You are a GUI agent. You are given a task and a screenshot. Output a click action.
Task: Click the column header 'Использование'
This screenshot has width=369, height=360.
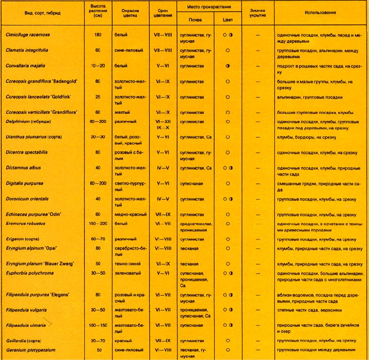(320, 13)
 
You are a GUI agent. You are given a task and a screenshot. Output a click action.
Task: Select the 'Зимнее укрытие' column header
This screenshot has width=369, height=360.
(257, 13)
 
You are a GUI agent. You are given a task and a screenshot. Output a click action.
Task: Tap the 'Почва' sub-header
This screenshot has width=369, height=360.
(195, 20)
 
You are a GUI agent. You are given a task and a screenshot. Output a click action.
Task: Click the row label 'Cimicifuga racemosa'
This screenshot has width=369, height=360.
(28, 35)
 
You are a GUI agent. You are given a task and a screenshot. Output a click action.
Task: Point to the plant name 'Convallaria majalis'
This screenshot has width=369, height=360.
(25, 66)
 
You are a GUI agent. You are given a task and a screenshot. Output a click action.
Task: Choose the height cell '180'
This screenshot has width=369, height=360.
(98, 35)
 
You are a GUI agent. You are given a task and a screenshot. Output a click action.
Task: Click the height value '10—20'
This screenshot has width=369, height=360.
(98, 66)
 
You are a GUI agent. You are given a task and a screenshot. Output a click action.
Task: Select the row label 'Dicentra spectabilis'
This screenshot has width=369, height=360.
(27, 152)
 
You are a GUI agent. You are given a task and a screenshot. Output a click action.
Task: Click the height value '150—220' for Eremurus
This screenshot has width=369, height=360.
(98, 224)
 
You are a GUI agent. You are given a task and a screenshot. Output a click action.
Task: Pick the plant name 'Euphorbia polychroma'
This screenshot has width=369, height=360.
(30, 273)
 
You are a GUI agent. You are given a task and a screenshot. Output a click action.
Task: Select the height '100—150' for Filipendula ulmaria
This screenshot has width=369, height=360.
(98, 325)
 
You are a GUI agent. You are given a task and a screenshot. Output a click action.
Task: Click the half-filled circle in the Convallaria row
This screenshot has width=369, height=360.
(227, 66)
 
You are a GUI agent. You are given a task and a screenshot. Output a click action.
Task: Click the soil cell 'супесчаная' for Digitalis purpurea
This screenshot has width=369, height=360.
(191, 183)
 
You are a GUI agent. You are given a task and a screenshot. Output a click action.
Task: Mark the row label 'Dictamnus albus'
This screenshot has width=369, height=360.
(23, 168)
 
